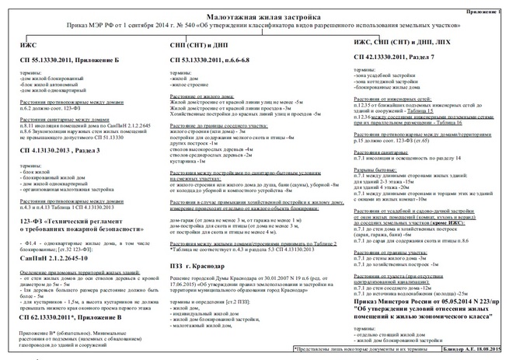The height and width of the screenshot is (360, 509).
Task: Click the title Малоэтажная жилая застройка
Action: (253, 16)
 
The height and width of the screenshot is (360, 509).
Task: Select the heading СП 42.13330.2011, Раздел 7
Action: (404, 58)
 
